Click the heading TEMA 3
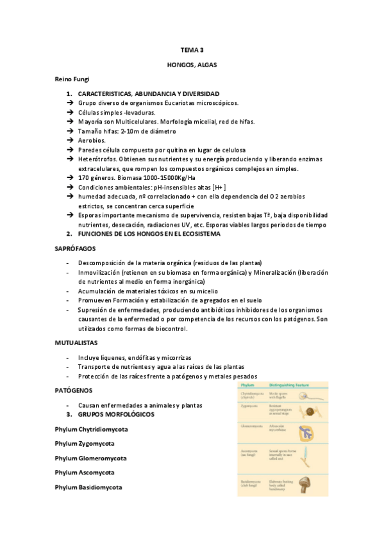[192, 49]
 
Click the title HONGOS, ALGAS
[192, 65]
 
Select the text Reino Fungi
[72, 79]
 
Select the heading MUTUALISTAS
[78, 343]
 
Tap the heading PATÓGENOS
[74, 390]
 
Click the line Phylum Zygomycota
[85, 443]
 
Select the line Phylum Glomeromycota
[90, 458]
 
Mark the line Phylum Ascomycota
[85, 473]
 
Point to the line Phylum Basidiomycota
[88, 487]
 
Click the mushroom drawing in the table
[310, 482]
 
